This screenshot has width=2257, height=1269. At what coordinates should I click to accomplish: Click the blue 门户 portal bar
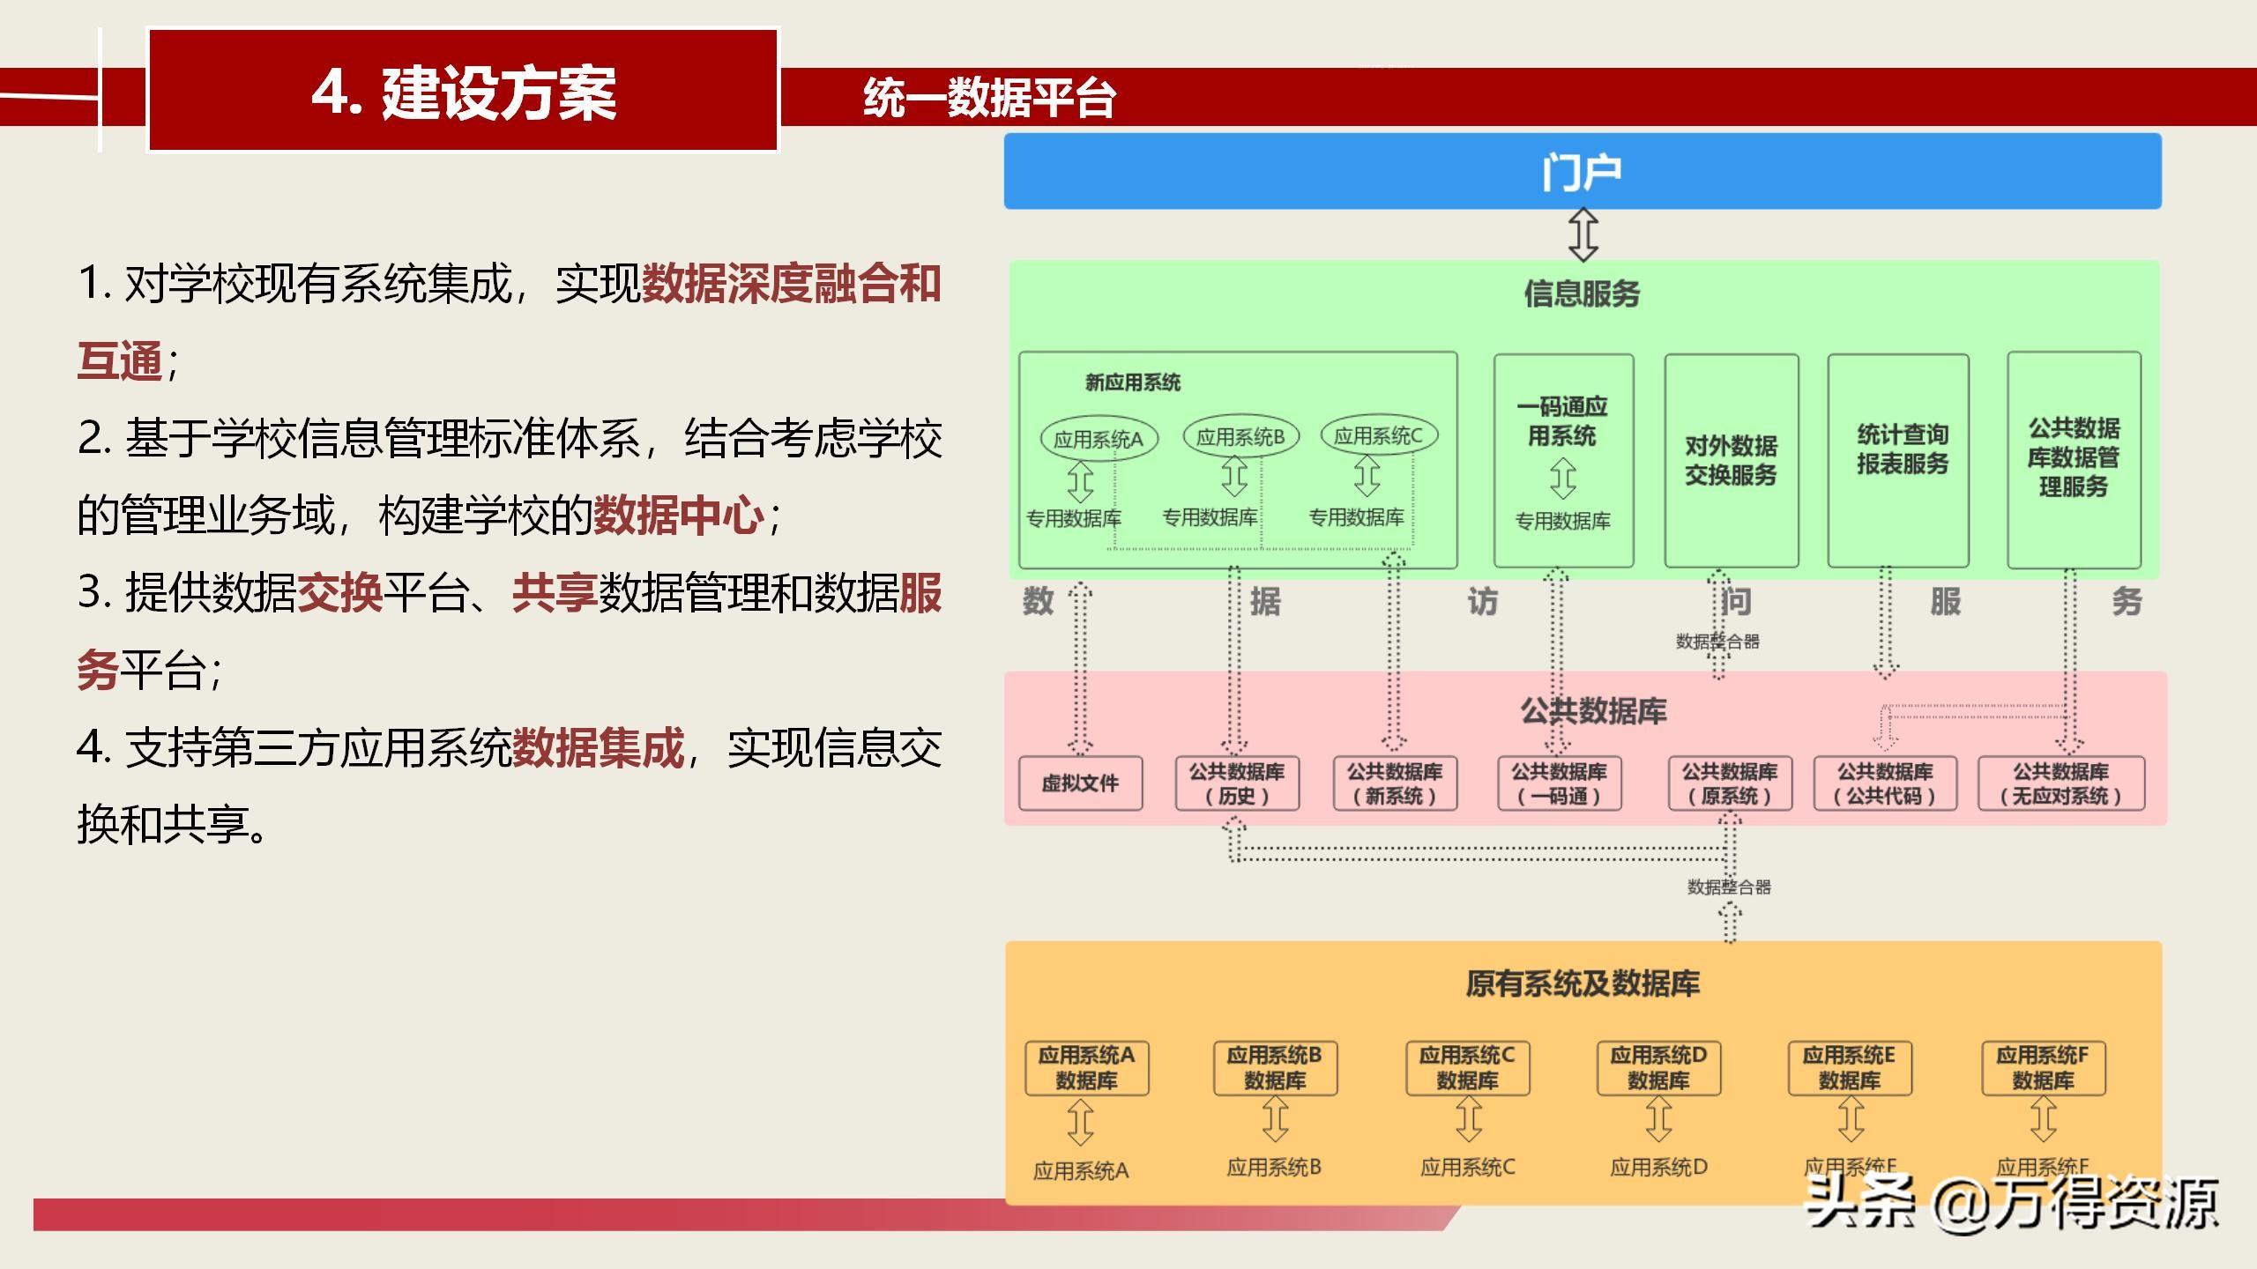click(x=1582, y=171)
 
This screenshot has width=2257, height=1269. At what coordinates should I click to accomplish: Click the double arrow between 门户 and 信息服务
click(x=1583, y=234)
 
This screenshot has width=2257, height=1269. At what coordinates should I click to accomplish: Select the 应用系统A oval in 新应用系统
click(x=1099, y=439)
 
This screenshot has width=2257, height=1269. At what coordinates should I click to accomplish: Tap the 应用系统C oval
click(x=1378, y=435)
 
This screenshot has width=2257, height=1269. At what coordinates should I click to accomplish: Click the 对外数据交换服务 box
click(x=1731, y=460)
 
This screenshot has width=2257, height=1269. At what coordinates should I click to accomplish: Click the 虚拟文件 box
click(x=1080, y=783)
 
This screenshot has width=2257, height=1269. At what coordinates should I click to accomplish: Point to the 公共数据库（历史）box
click(x=1237, y=783)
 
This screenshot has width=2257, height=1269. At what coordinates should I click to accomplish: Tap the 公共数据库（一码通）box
click(x=1559, y=783)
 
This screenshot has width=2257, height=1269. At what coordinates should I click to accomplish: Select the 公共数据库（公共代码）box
click(x=1885, y=783)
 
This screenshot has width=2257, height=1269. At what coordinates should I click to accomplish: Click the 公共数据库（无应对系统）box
click(x=2061, y=783)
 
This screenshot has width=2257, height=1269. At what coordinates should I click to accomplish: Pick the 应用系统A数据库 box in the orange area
click(x=1086, y=1067)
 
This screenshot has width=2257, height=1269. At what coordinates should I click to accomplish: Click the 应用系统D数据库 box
click(x=1658, y=1067)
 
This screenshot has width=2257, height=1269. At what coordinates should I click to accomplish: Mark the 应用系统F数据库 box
click(x=2043, y=1067)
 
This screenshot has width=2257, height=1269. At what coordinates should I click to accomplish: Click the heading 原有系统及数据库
click(x=1583, y=983)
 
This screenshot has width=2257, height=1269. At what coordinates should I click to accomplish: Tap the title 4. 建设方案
click(x=464, y=92)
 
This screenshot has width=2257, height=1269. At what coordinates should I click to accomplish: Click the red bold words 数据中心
click(x=678, y=516)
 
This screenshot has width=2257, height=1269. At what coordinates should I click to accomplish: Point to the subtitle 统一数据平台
click(x=989, y=97)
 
